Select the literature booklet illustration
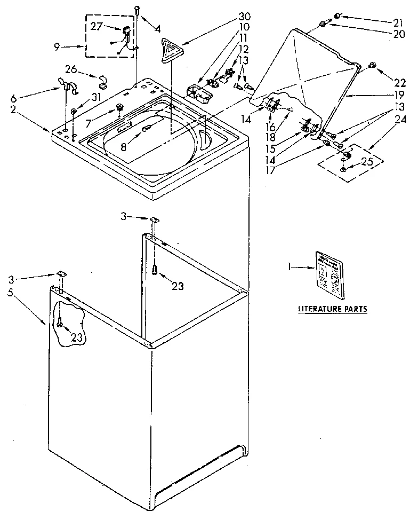coord(328,274)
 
